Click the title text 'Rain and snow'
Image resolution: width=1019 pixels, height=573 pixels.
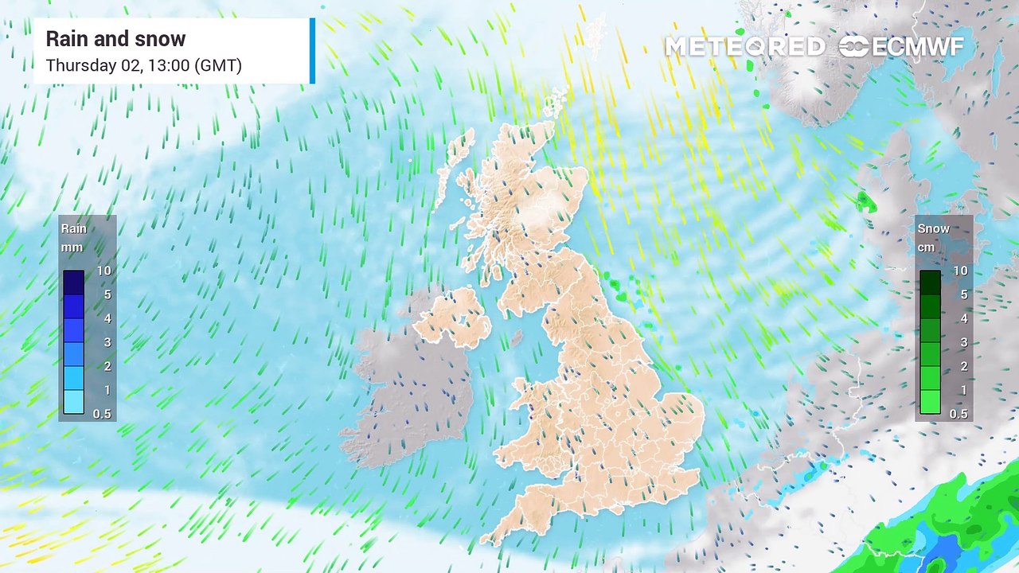(115, 39)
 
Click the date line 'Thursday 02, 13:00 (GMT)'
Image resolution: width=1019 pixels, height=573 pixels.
(143, 65)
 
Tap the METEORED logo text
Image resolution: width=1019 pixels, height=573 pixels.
(744, 47)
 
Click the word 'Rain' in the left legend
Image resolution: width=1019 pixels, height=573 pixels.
(74, 228)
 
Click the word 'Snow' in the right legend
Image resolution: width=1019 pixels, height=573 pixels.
(933, 228)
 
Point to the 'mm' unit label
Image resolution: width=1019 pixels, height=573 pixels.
(72, 248)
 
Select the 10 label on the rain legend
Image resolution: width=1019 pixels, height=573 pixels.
(103, 271)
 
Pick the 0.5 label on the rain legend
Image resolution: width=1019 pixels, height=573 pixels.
(103, 414)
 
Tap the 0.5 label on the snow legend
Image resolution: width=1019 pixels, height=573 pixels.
(959, 414)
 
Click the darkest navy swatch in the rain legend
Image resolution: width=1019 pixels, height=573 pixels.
(73, 283)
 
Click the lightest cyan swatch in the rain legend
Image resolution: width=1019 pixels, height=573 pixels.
(73, 402)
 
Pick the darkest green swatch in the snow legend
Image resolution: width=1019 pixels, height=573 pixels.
(930, 283)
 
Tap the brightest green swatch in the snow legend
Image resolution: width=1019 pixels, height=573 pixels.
(930, 402)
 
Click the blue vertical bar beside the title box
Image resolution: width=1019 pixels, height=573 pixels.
(312, 51)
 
